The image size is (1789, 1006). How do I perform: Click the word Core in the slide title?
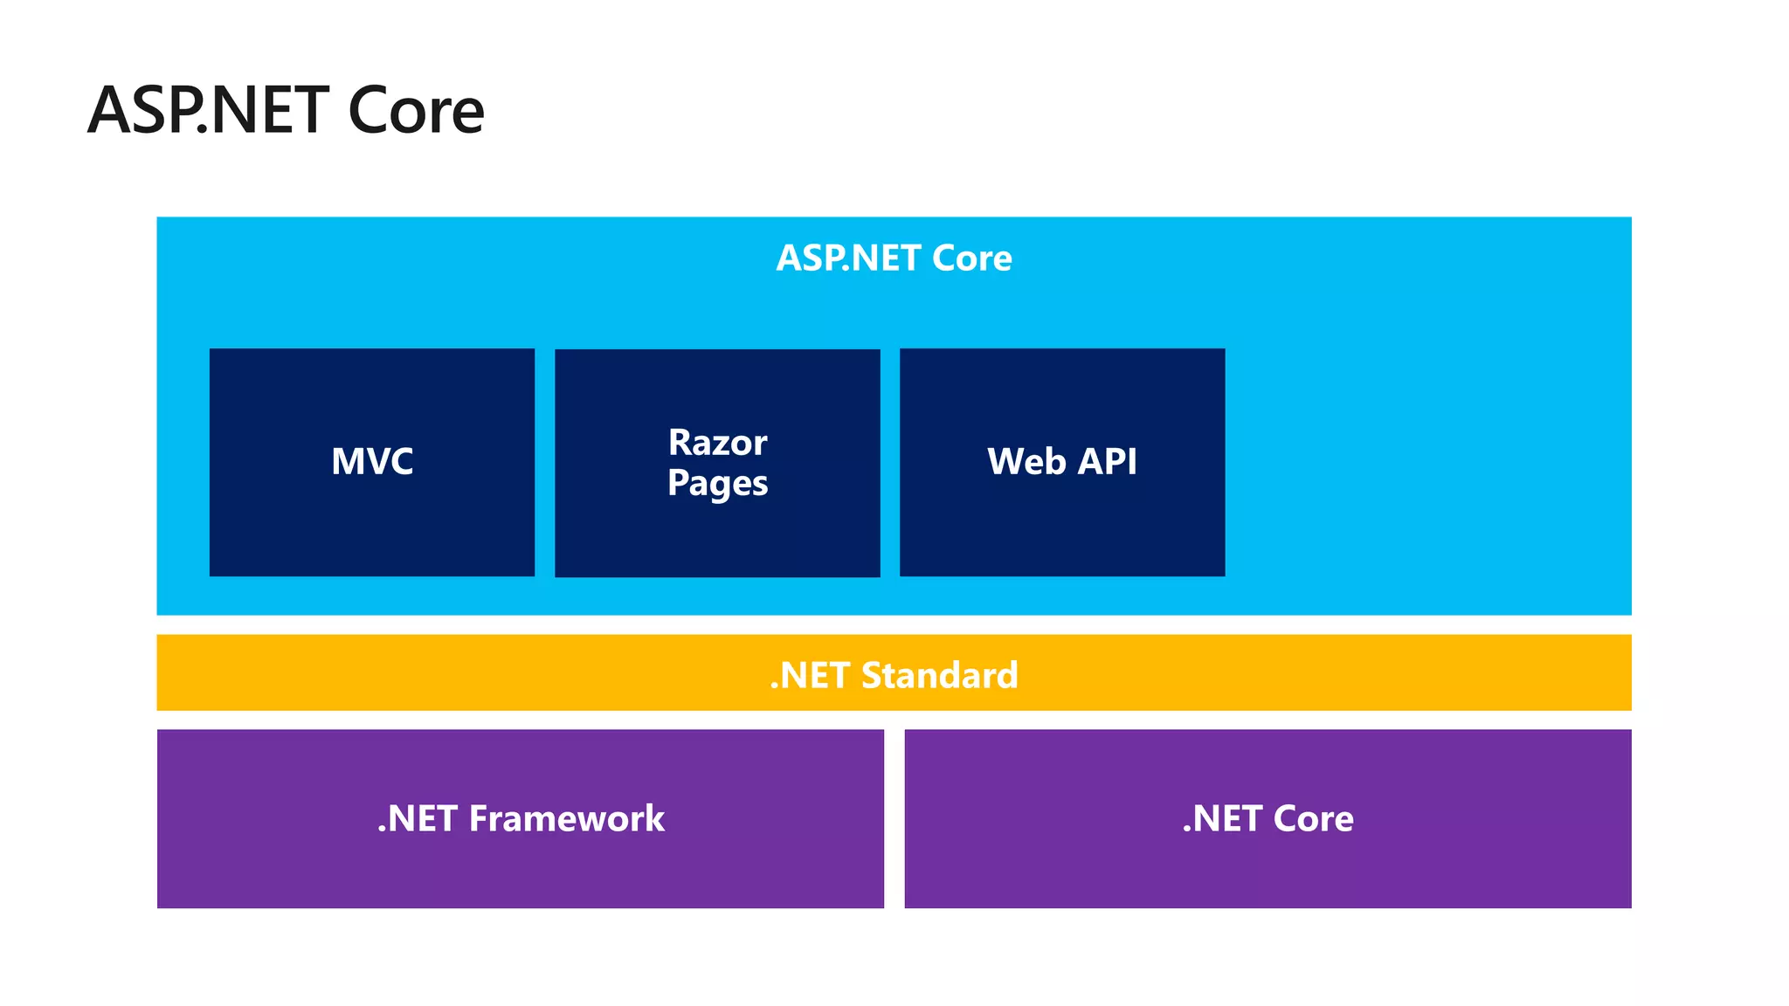pos(416,112)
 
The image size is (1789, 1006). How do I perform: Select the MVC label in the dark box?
pos(372,461)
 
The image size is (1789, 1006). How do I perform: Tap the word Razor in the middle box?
pos(717,443)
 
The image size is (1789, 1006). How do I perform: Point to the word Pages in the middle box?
pos(717,484)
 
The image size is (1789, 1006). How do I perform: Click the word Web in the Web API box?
pos(1026,461)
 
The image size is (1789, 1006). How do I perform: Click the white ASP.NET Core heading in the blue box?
pos(894,258)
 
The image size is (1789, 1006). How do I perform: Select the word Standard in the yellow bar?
pos(939,675)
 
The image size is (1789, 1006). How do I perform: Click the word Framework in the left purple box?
pos(566,819)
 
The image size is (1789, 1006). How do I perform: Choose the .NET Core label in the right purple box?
pos(1267,819)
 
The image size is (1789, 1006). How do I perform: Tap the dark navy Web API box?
pos(1062,533)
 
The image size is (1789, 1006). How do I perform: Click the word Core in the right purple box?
pos(1313,819)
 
